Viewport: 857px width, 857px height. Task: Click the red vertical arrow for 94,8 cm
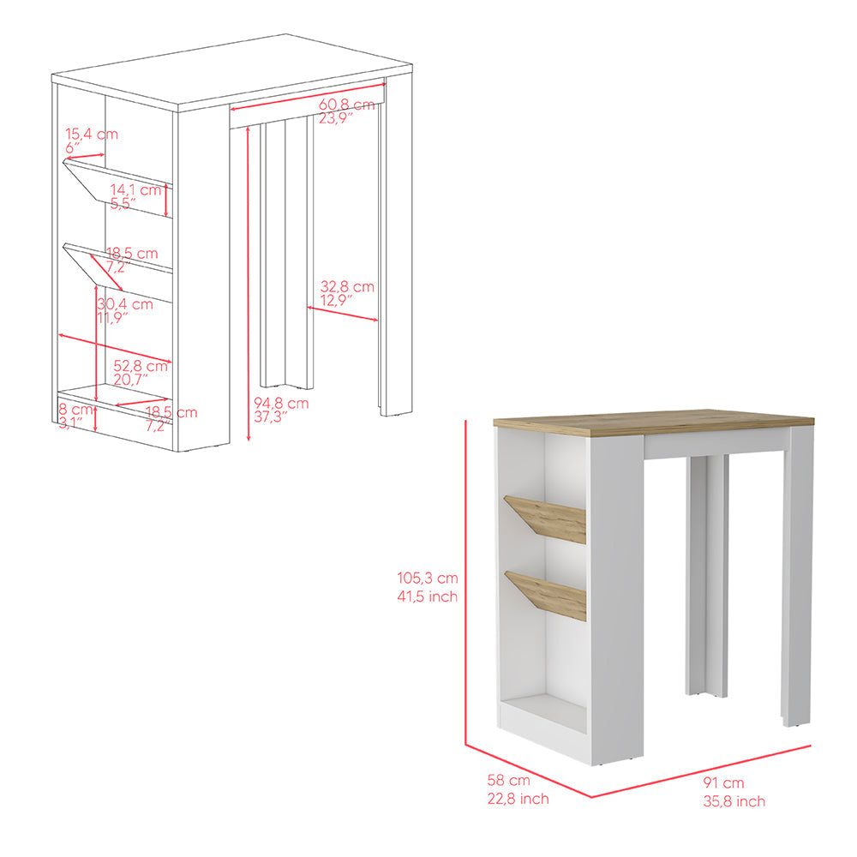[x=248, y=283]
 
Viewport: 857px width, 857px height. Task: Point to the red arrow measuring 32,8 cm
[x=343, y=314]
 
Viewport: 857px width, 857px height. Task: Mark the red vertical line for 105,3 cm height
[x=465, y=583]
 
